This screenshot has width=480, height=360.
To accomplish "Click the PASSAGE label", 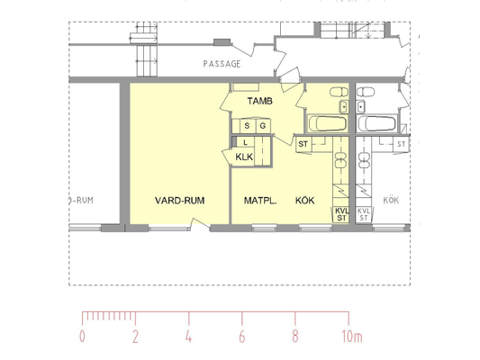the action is pos(222,64).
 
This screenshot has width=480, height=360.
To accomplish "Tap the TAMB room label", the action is pos(260,101).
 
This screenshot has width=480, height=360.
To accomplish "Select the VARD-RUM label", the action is pos(180,201).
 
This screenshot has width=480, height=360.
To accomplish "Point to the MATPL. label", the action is pos(260,201).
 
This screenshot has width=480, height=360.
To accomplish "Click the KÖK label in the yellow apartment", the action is pos(305,201).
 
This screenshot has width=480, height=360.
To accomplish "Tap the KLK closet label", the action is pos(244,157).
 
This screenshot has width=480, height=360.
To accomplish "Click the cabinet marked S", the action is pos(248,126).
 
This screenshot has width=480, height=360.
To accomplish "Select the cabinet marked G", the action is pos(263,126).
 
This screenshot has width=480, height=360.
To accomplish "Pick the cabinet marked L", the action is pos(246,142).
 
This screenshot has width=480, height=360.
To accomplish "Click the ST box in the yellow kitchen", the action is pos(303,144).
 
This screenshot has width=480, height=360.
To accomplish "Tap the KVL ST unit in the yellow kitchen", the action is pos(341,214).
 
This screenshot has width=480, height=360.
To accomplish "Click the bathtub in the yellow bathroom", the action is pos(328,123).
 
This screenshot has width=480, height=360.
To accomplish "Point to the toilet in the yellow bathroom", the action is pos(339,92).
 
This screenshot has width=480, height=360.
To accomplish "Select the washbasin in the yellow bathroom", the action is pos(343,106).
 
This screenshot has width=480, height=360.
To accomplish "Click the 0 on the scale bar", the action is pos(82,337).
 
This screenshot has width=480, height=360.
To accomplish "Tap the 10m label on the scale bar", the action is pos(352,337).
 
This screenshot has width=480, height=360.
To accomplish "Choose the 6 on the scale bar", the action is pos(242,337).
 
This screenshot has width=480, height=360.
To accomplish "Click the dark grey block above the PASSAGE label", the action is pos(222,42).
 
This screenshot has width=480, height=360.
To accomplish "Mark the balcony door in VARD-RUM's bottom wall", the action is pos(201,223).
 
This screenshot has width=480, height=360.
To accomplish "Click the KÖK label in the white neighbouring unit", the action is pos(391,201).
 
